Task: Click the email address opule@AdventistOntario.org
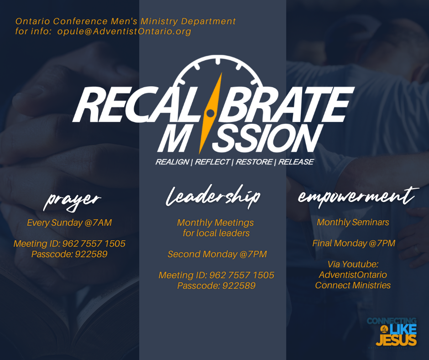click(x=124, y=32)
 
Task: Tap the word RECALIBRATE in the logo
click(x=214, y=104)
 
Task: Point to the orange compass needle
click(x=211, y=113)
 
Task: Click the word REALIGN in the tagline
click(x=172, y=162)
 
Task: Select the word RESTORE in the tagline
click(x=254, y=162)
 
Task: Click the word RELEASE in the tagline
click(x=296, y=162)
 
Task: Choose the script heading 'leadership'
click(x=213, y=196)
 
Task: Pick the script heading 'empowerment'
click(x=358, y=197)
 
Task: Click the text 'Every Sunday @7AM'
click(x=69, y=222)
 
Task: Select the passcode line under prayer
click(x=69, y=254)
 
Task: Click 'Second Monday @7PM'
click(x=217, y=254)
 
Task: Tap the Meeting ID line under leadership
click(x=216, y=275)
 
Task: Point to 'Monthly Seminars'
click(x=353, y=222)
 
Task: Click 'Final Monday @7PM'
click(x=354, y=244)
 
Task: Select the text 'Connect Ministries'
click(x=353, y=285)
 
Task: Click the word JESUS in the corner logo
click(x=396, y=340)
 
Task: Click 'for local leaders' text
click(x=216, y=233)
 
